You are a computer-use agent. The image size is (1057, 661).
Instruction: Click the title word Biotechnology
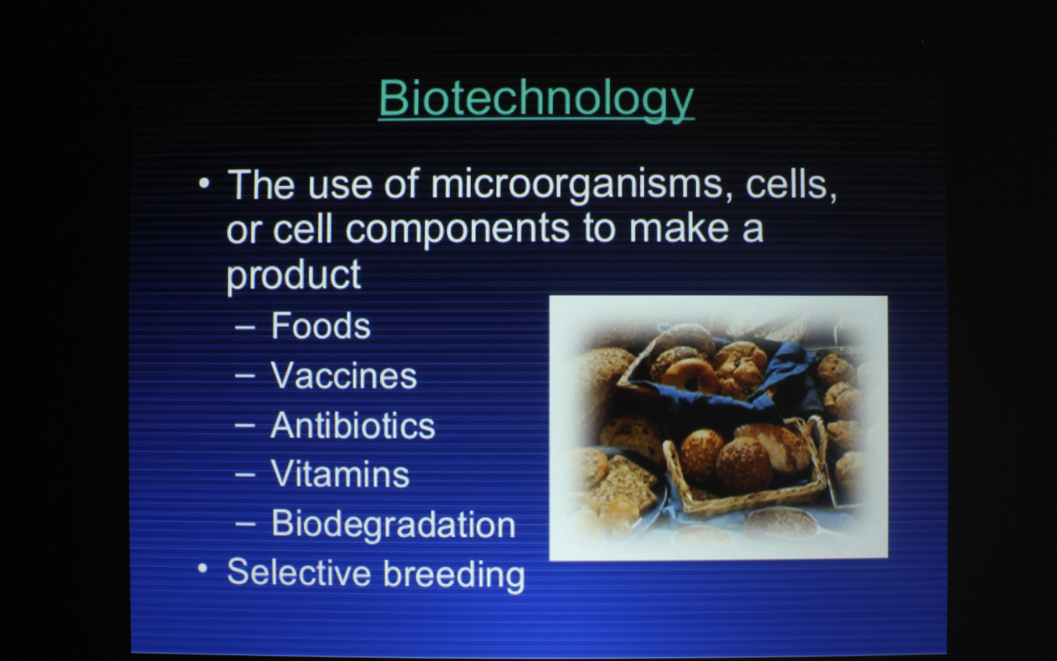pos(536,100)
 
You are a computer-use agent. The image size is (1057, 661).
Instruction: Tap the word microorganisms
pos(576,186)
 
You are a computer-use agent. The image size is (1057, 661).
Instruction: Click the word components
pos(457,230)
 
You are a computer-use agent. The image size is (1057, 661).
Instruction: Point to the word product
pos(293,275)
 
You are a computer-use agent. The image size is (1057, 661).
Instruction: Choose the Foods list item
pos(321,326)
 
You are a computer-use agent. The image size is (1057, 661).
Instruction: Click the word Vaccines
pos(344,376)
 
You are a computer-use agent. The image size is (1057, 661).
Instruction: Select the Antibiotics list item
pos(353,426)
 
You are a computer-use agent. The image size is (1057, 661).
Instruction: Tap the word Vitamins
pos(339,474)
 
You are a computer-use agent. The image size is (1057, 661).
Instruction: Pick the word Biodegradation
pos(393,525)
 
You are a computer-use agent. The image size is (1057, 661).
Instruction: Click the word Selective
pos(299,573)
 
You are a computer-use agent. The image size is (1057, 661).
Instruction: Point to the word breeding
pos(453,575)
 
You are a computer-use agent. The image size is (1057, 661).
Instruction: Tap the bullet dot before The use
pos(204,183)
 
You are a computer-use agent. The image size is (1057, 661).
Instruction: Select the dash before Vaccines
pos(245,376)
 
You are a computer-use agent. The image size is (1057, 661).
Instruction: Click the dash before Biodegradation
pos(245,524)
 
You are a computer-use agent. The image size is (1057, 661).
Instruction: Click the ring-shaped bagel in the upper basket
pos(690,375)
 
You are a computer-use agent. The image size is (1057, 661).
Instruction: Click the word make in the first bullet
pos(679,229)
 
